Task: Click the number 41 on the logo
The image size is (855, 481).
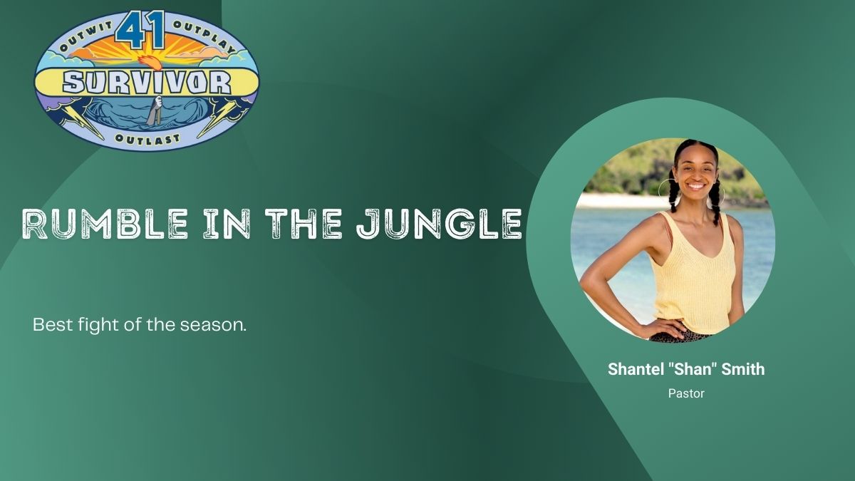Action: coord(140,30)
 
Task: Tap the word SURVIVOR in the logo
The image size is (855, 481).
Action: coord(147,83)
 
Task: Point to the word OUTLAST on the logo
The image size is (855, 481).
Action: coord(147,139)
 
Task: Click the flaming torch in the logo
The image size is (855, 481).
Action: coord(150,62)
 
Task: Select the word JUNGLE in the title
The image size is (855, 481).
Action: coord(439,224)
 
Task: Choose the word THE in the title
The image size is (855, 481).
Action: coord(304,224)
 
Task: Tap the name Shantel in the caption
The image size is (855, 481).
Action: coord(635,369)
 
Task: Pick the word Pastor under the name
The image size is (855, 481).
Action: coord(686,393)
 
